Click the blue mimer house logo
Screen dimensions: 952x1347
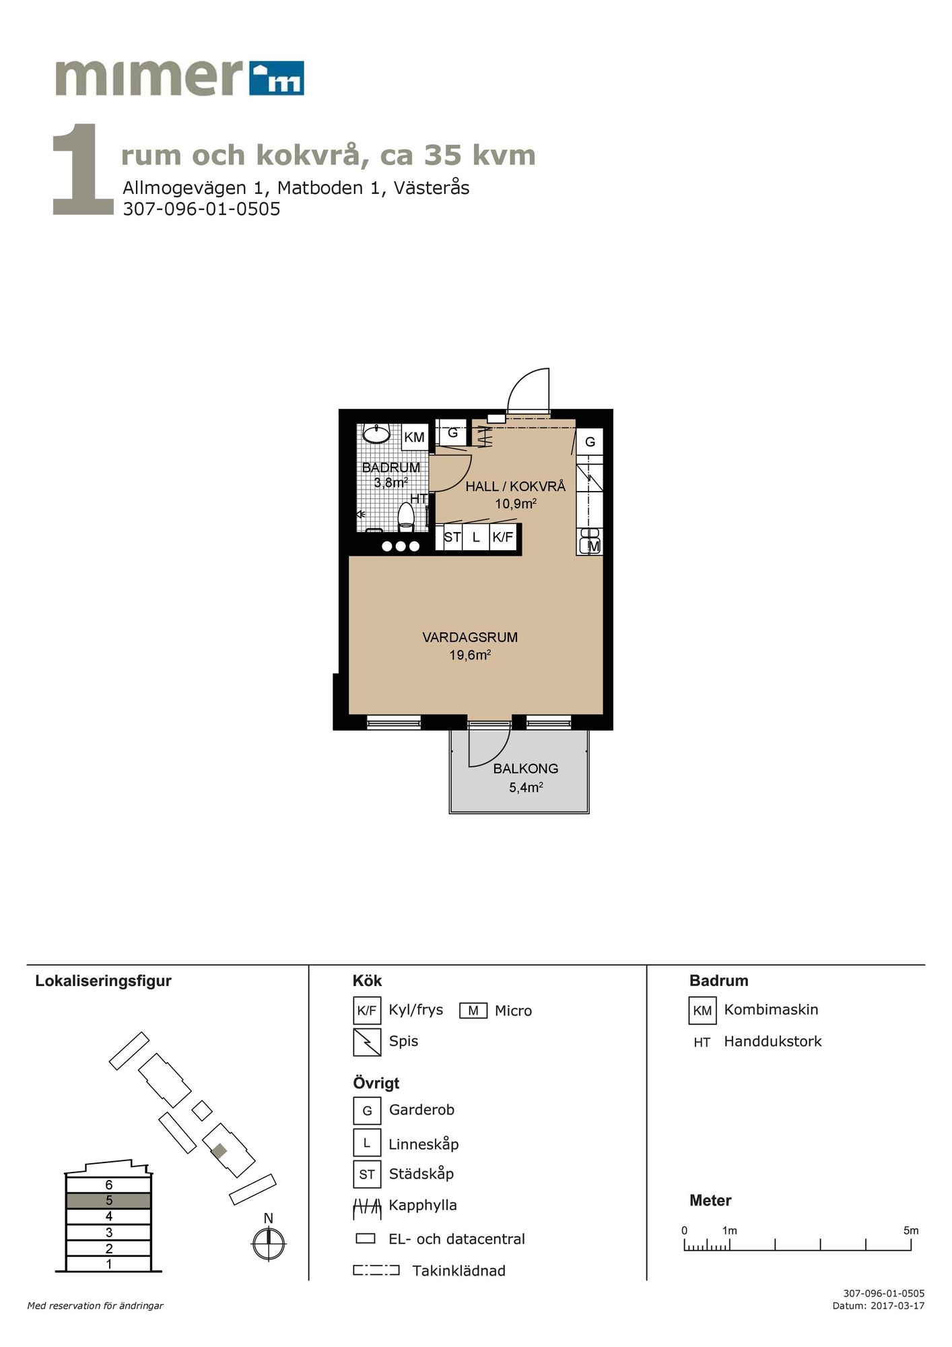pyautogui.click(x=276, y=78)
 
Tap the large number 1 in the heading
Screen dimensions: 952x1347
pyautogui.click(x=83, y=170)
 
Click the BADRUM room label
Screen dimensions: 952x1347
pyautogui.click(x=391, y=467)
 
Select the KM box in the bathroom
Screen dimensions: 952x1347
pyautogui.click(x=414, y=437)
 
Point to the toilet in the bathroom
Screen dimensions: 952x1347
pyautogui.click(x=406, y=516)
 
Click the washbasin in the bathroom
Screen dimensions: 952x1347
pyautogui.click(x=376, y=433)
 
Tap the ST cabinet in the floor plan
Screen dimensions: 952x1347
pyautogui.click(x=452, y=537)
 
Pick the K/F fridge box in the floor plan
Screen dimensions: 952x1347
pyautogui.click(x=502, y=537)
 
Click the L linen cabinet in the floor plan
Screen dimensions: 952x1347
pyautogui.click(x=476, y=537)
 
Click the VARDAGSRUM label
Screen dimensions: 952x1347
pyautogui.click(x=470, y=637)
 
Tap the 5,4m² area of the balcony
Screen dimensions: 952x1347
pyautogui.click(x=526, y=787)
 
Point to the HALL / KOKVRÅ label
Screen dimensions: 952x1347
pyautogui.click(x=516, y=486)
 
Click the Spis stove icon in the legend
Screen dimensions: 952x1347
pyautogui.click(x=367, y=1042)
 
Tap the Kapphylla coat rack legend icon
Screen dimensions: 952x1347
pyautogui.click(x=367, y=1209)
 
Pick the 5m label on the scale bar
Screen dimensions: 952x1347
pyautogui.click(x=911, y=1230)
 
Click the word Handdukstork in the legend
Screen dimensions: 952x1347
pyautogui.click(x=773, y=1041)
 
